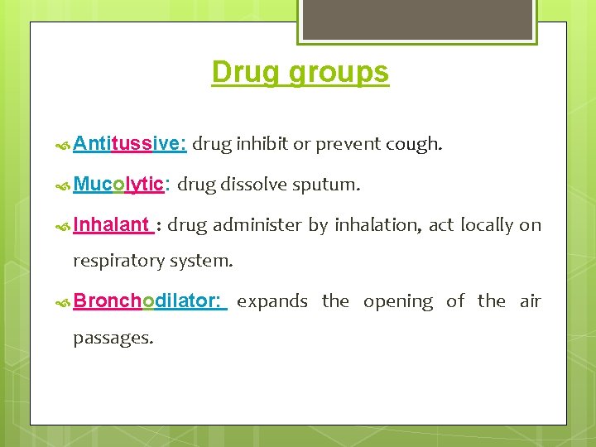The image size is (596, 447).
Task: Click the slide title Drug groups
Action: [x=300, y=73]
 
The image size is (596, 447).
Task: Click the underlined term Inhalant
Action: [x=111, y=224]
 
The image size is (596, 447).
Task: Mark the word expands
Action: [x=272, y=302]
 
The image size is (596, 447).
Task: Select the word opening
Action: [x=398, y=302]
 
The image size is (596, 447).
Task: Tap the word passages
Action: [x=113, y=339]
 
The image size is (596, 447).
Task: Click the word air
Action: [x=530, y=301]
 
